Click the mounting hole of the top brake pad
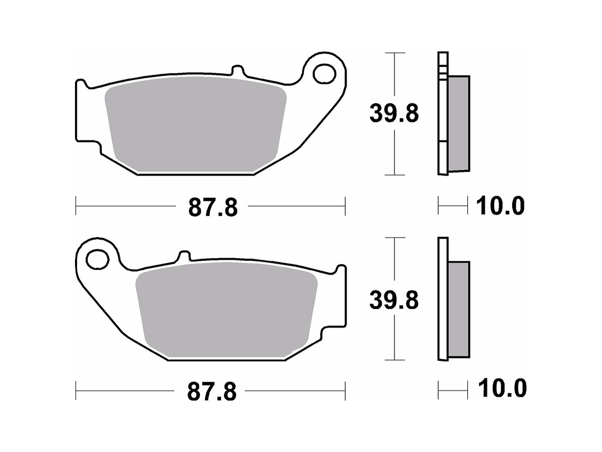coord(323,74)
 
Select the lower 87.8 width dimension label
coord(212,392)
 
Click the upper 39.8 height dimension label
coord(394,114)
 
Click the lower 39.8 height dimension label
coord(394,300)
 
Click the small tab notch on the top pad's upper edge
coord(238,70)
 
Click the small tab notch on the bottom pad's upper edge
coord(183,255)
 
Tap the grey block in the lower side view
coord(458,309)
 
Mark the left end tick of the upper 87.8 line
coord(76,206)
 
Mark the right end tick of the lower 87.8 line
coord(345,391)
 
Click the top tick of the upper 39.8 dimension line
coord(394,53)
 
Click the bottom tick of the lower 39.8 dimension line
coord(394,360)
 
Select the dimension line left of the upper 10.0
coord(453,206)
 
